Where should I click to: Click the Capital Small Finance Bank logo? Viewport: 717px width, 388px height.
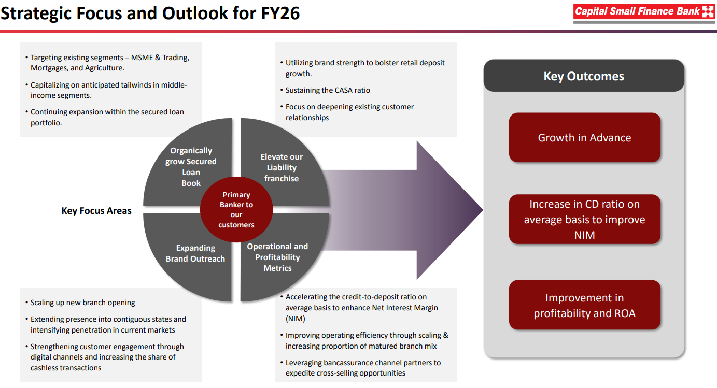coord(644,13)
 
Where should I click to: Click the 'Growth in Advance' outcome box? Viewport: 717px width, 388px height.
coord(584,137)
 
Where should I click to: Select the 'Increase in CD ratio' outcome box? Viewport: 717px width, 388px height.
coord(584,219)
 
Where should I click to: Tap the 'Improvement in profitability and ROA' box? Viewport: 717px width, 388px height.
coord(584,305)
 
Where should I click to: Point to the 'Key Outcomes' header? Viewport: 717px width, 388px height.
coord(584,76)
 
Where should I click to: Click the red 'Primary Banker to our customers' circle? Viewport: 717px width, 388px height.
coord(236,209)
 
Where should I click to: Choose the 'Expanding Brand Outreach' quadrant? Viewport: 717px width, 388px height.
coord(189,256)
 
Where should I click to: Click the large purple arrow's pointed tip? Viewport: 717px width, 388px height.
coord(483,210)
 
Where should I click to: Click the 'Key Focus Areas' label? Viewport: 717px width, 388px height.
coord(96,210)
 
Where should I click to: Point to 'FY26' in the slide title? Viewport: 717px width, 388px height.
coord(280,13)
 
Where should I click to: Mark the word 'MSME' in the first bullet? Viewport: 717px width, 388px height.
coord(142,58)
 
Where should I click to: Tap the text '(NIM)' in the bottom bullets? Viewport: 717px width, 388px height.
coord(295,319)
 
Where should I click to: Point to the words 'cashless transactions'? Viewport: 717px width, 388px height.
coord(66,368)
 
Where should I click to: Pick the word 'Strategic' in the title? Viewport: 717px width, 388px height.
coord(36,14)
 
